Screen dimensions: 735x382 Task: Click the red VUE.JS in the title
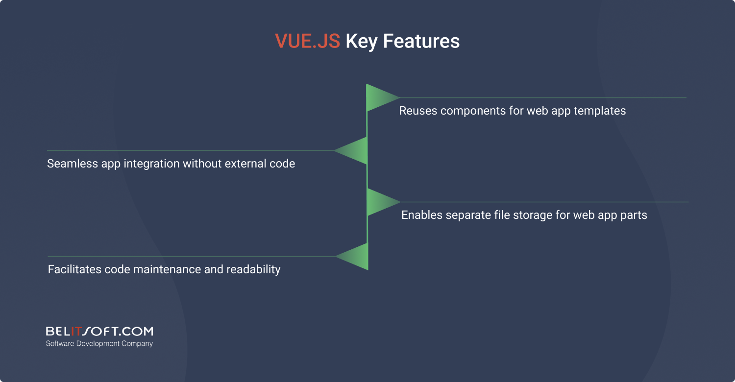pos(307,41)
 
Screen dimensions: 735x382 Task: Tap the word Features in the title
pos(421,41)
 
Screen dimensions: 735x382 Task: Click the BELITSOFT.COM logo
pos(99,332)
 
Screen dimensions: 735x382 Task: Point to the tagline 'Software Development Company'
pos(99,344)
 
